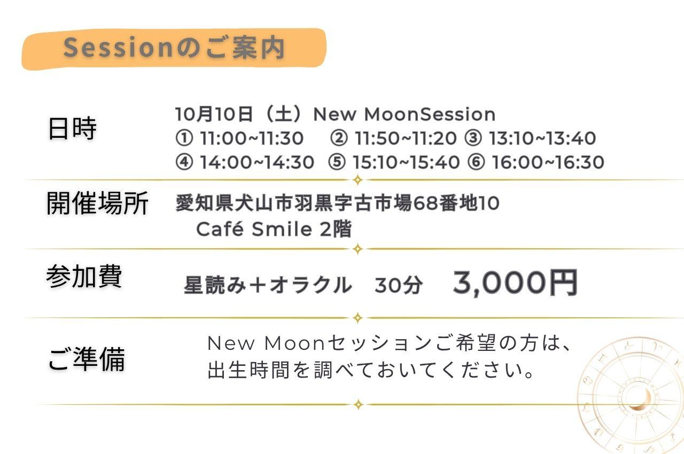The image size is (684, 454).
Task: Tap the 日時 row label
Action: [x=72, y=128]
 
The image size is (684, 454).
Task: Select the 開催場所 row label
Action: [x=97, y=203]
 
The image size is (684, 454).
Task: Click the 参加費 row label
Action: [x=84, y=276]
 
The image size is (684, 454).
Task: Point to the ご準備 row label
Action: [x=87, y=359]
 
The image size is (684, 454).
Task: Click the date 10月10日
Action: [x=214, y=114]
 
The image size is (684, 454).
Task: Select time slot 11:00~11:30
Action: [x=252, y=138]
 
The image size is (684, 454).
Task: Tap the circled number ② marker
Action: [x=339, y=138]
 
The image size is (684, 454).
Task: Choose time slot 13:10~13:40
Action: [x=542, y=138]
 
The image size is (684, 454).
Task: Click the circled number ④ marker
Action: [x=184, y=162]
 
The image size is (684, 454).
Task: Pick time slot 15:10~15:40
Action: [x=406, y=162]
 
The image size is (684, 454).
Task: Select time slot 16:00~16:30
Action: [x=548, y=162]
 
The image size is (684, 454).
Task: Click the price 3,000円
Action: [x=515, y=283]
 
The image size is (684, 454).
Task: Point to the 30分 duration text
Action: [x=399, y=285]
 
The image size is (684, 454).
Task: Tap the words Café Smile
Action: [x=254, y=229]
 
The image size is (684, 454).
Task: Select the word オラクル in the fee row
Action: [x=311, y=285]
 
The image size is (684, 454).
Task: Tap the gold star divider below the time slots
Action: [x=357, y=180]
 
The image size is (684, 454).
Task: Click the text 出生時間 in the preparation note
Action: [x=248, y=370]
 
